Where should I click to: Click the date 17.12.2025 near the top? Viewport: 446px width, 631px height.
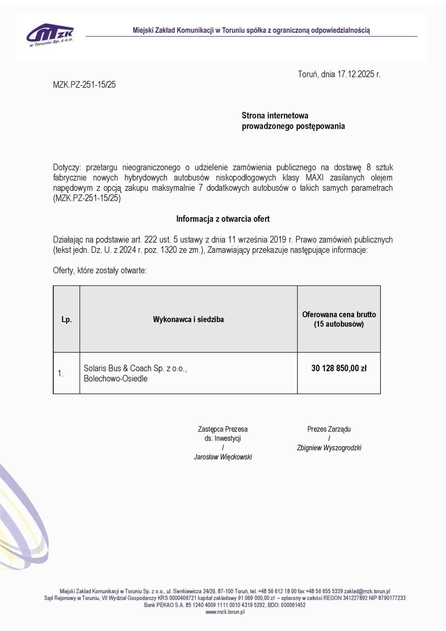click(356, 74)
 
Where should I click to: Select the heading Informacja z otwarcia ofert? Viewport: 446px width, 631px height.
click(223, 219)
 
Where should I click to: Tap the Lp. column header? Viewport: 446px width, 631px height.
click(67, 320)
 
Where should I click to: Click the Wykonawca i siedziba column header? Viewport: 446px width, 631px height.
click(188, 320)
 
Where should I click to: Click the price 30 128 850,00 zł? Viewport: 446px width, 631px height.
click(339, 368)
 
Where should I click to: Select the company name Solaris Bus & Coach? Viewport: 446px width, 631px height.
click(118, 368)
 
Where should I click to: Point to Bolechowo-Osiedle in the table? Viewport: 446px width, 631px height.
click(116, 379)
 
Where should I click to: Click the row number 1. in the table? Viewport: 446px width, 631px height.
click(60, 374)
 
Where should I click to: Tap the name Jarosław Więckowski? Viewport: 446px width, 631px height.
click(223, 457)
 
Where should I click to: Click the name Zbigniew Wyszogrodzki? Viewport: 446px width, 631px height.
click(329, 448)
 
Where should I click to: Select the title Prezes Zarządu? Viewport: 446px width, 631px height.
click(329, 429)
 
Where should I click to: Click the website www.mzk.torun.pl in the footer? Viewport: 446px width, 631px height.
click(225, 612)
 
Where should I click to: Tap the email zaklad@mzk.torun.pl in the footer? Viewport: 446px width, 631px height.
click(367, 591)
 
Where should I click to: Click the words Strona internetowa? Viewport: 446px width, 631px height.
click(275, 116)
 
